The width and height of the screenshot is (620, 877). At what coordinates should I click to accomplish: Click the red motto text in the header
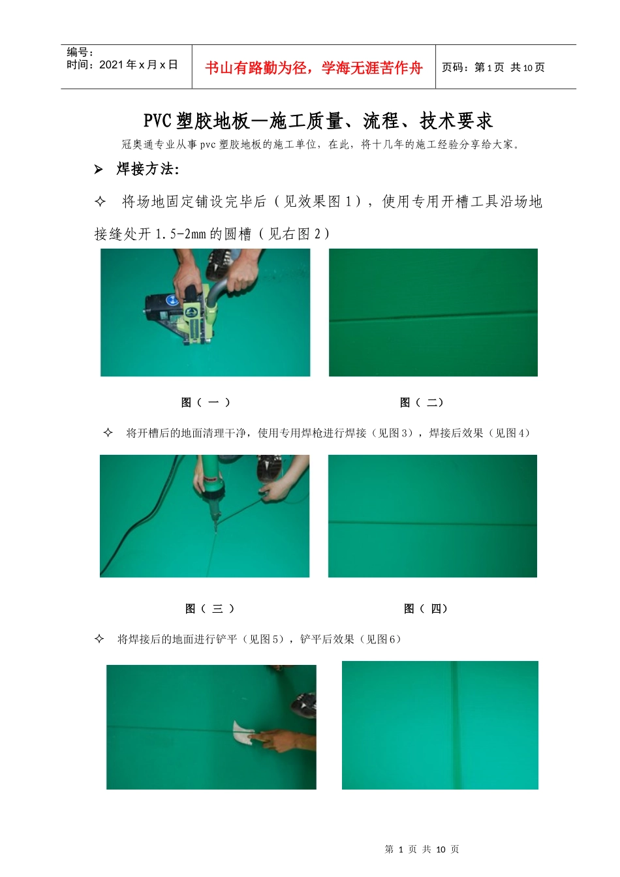(x=314, y=68)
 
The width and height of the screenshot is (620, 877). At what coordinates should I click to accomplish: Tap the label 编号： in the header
(x=80, y=52)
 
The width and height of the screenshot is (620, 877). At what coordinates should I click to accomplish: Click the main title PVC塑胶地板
(x=196, y=121)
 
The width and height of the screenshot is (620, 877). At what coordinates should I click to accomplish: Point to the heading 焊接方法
(x=147, y=169)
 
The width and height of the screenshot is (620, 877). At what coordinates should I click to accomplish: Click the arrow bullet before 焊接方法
(x=99, y=170)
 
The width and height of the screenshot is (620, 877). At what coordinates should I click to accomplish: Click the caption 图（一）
(x=206, y=402)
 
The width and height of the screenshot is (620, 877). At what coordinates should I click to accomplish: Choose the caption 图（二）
(x=422, y=402)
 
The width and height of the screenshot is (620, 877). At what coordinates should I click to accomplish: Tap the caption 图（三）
(x=209, y=608)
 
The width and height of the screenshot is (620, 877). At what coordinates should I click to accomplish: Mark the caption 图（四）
(x=426, y=608)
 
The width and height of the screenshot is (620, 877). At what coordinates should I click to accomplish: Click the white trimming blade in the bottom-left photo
(x=243, y=732)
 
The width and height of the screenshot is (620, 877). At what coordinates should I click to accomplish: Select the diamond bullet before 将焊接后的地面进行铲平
(x=99, y=639)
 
